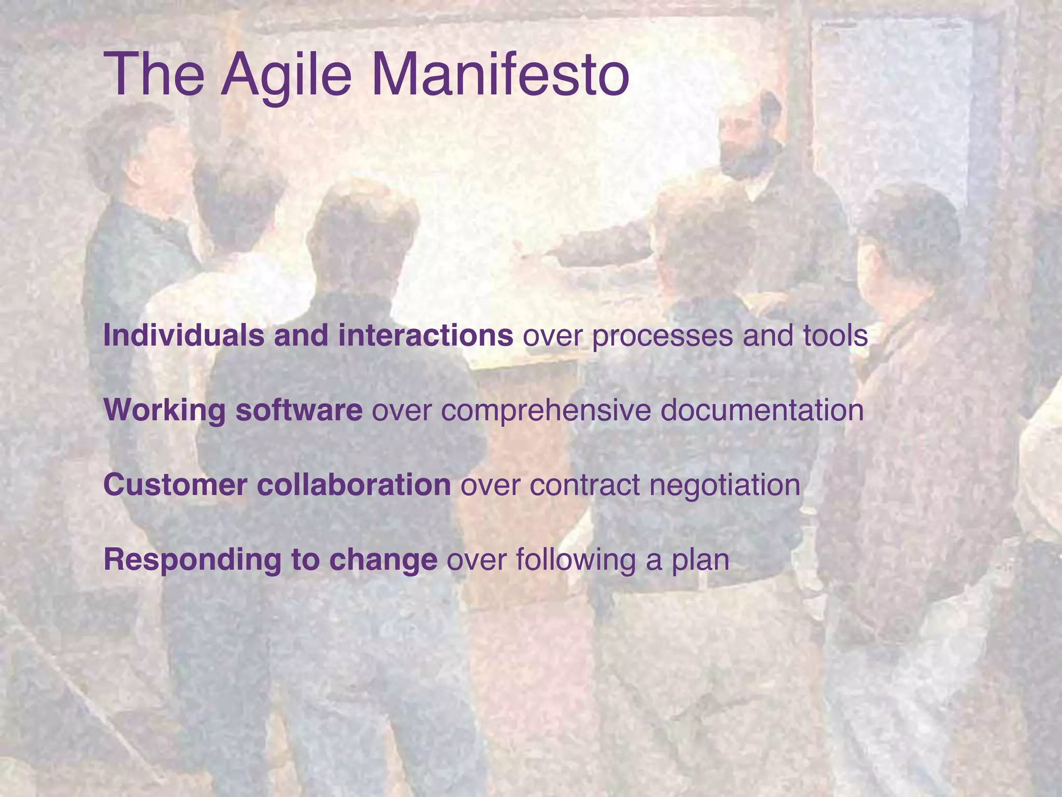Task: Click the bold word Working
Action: click(x=164, y=410)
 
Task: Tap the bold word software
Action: click(x=299, y=410)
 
